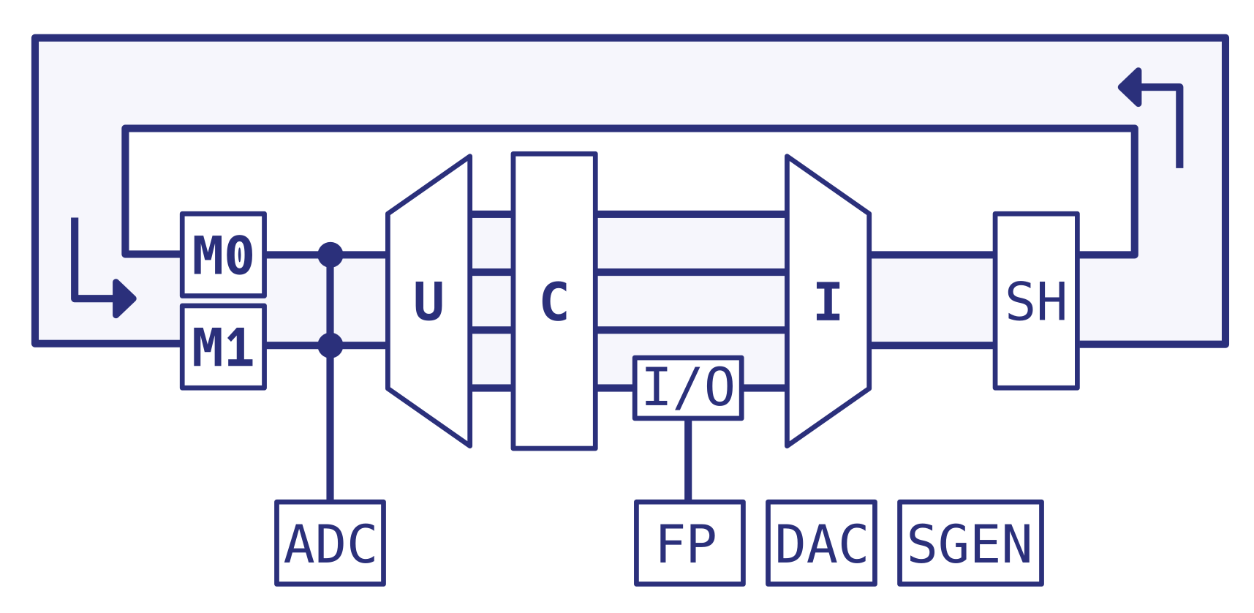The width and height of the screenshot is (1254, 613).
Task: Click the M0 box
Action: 223,255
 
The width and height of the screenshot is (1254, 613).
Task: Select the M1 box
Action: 223,347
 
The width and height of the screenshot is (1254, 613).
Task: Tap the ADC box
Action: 330,543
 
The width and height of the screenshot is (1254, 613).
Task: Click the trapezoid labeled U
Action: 428,301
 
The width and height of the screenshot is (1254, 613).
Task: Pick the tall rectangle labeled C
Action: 554,301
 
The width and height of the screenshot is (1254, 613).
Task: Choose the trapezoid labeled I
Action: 828,301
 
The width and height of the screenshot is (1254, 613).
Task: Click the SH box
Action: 1036,301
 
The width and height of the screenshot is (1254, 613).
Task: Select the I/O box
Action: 688,388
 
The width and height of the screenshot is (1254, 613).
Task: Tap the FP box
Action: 690,543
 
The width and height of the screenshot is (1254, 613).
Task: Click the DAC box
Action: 821,543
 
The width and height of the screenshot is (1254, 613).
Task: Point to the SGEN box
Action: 970,543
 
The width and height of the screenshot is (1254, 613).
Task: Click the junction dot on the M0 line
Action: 331,255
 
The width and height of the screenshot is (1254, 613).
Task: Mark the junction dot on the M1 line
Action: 331,345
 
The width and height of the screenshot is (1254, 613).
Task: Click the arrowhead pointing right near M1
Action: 125,298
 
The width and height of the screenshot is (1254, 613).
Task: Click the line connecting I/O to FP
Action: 688,460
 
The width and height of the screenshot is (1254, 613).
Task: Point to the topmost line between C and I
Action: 691,214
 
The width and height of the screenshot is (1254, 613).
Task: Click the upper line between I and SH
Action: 932,255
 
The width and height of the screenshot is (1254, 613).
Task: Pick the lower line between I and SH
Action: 932,345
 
